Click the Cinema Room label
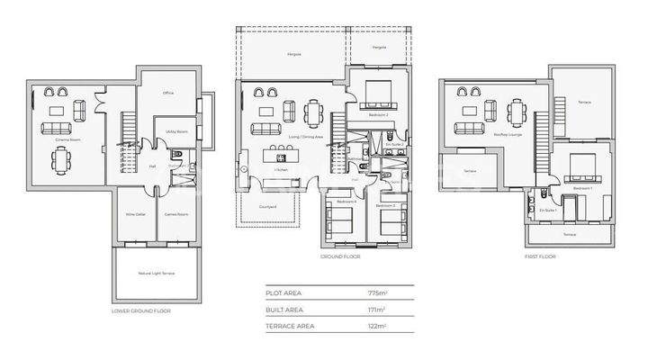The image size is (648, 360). pyautogui.click(x=63, y=140)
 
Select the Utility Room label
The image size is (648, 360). pyautogui.click(x=176, y=131)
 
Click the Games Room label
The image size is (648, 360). pyautogui.click(x=175, y=214)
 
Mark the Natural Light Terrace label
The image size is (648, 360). pyautogui.click(x=156, y=272)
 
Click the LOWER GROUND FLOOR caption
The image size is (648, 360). pyautogui.click(x=140, y=310)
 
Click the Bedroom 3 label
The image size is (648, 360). pyautogui.click(x=386, y=206)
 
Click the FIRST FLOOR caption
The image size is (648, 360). pyautogui.click(x=542, y=256)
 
